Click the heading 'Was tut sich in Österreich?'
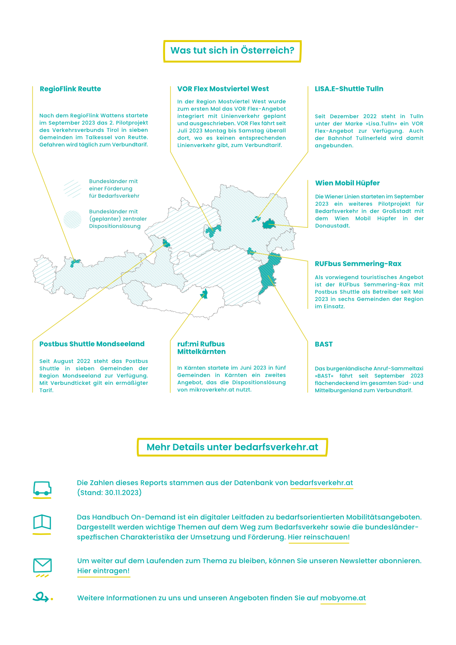coord(232,51)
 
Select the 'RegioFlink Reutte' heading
coord(70,89)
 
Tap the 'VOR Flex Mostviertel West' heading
coord(223,89)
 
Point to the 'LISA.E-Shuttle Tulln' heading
coord(349,89)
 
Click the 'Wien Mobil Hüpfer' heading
coord(347,183)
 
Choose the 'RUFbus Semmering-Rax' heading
coord(358,264)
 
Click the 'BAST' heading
coord(324,344)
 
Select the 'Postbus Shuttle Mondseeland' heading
coord(92,344)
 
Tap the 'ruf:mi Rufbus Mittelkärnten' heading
coord(201,348)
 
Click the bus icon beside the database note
coord(42,488)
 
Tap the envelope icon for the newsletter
coord(42,566)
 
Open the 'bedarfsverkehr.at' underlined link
coord(321,483)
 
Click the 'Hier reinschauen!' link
coord(319,537)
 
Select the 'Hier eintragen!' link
coord(104,571)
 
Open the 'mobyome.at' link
coord(343,598)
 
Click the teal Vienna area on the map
coord(269,224)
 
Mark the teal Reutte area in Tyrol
coord(75,262)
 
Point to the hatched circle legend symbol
coord(73,220)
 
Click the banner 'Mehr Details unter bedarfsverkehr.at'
coord(232,447)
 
